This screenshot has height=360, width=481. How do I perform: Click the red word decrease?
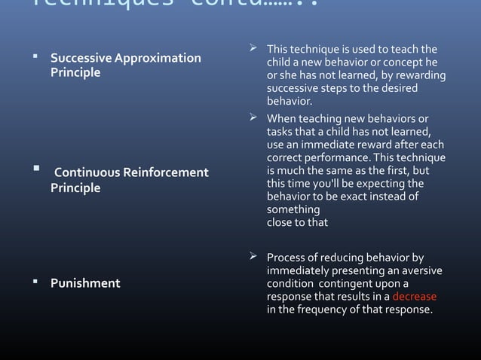[x=414, y=297]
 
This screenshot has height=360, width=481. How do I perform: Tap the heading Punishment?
[x=84, y=283]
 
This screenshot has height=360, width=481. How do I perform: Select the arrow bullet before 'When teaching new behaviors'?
[x=254, y=119]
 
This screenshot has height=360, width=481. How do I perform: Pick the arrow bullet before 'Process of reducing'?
[x=254, y=259]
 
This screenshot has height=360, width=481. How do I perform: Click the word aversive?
[x=422, y=271]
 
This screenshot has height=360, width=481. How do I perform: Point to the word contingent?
[x=342, y=284]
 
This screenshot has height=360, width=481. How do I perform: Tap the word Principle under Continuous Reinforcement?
[x=75, y=188]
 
